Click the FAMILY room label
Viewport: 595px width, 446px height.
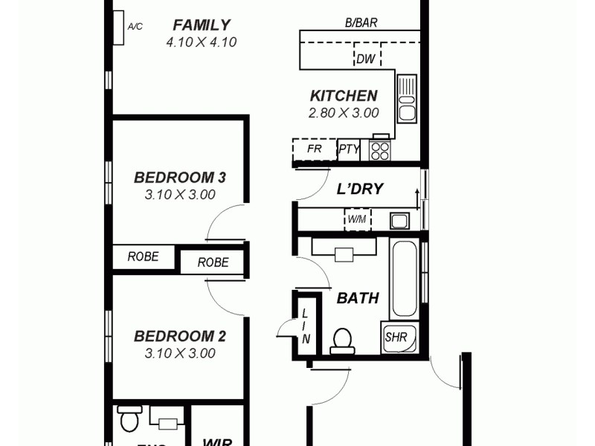pos(201,25)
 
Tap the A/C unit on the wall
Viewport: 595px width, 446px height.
pos(118,28)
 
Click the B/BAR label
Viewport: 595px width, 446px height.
pos(361,23)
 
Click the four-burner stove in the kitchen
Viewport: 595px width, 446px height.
pos(380,150)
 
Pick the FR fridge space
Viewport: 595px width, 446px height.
pos(314,149)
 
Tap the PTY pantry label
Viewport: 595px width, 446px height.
pos(349,149)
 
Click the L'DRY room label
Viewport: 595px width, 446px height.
pos(360,190)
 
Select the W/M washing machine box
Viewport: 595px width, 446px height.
pos(358,220)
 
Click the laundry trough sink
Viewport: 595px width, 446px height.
pos(399,220)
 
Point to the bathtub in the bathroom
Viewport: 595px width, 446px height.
pos(405,279)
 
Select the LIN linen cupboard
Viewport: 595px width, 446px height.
pos(306,326)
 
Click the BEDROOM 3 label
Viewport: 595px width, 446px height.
pos(179,178)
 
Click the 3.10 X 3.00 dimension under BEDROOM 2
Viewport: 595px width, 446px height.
pos(179,353)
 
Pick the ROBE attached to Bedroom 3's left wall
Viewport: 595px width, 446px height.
pos(144,257)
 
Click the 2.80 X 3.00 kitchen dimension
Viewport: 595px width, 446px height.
pos(344,114)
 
